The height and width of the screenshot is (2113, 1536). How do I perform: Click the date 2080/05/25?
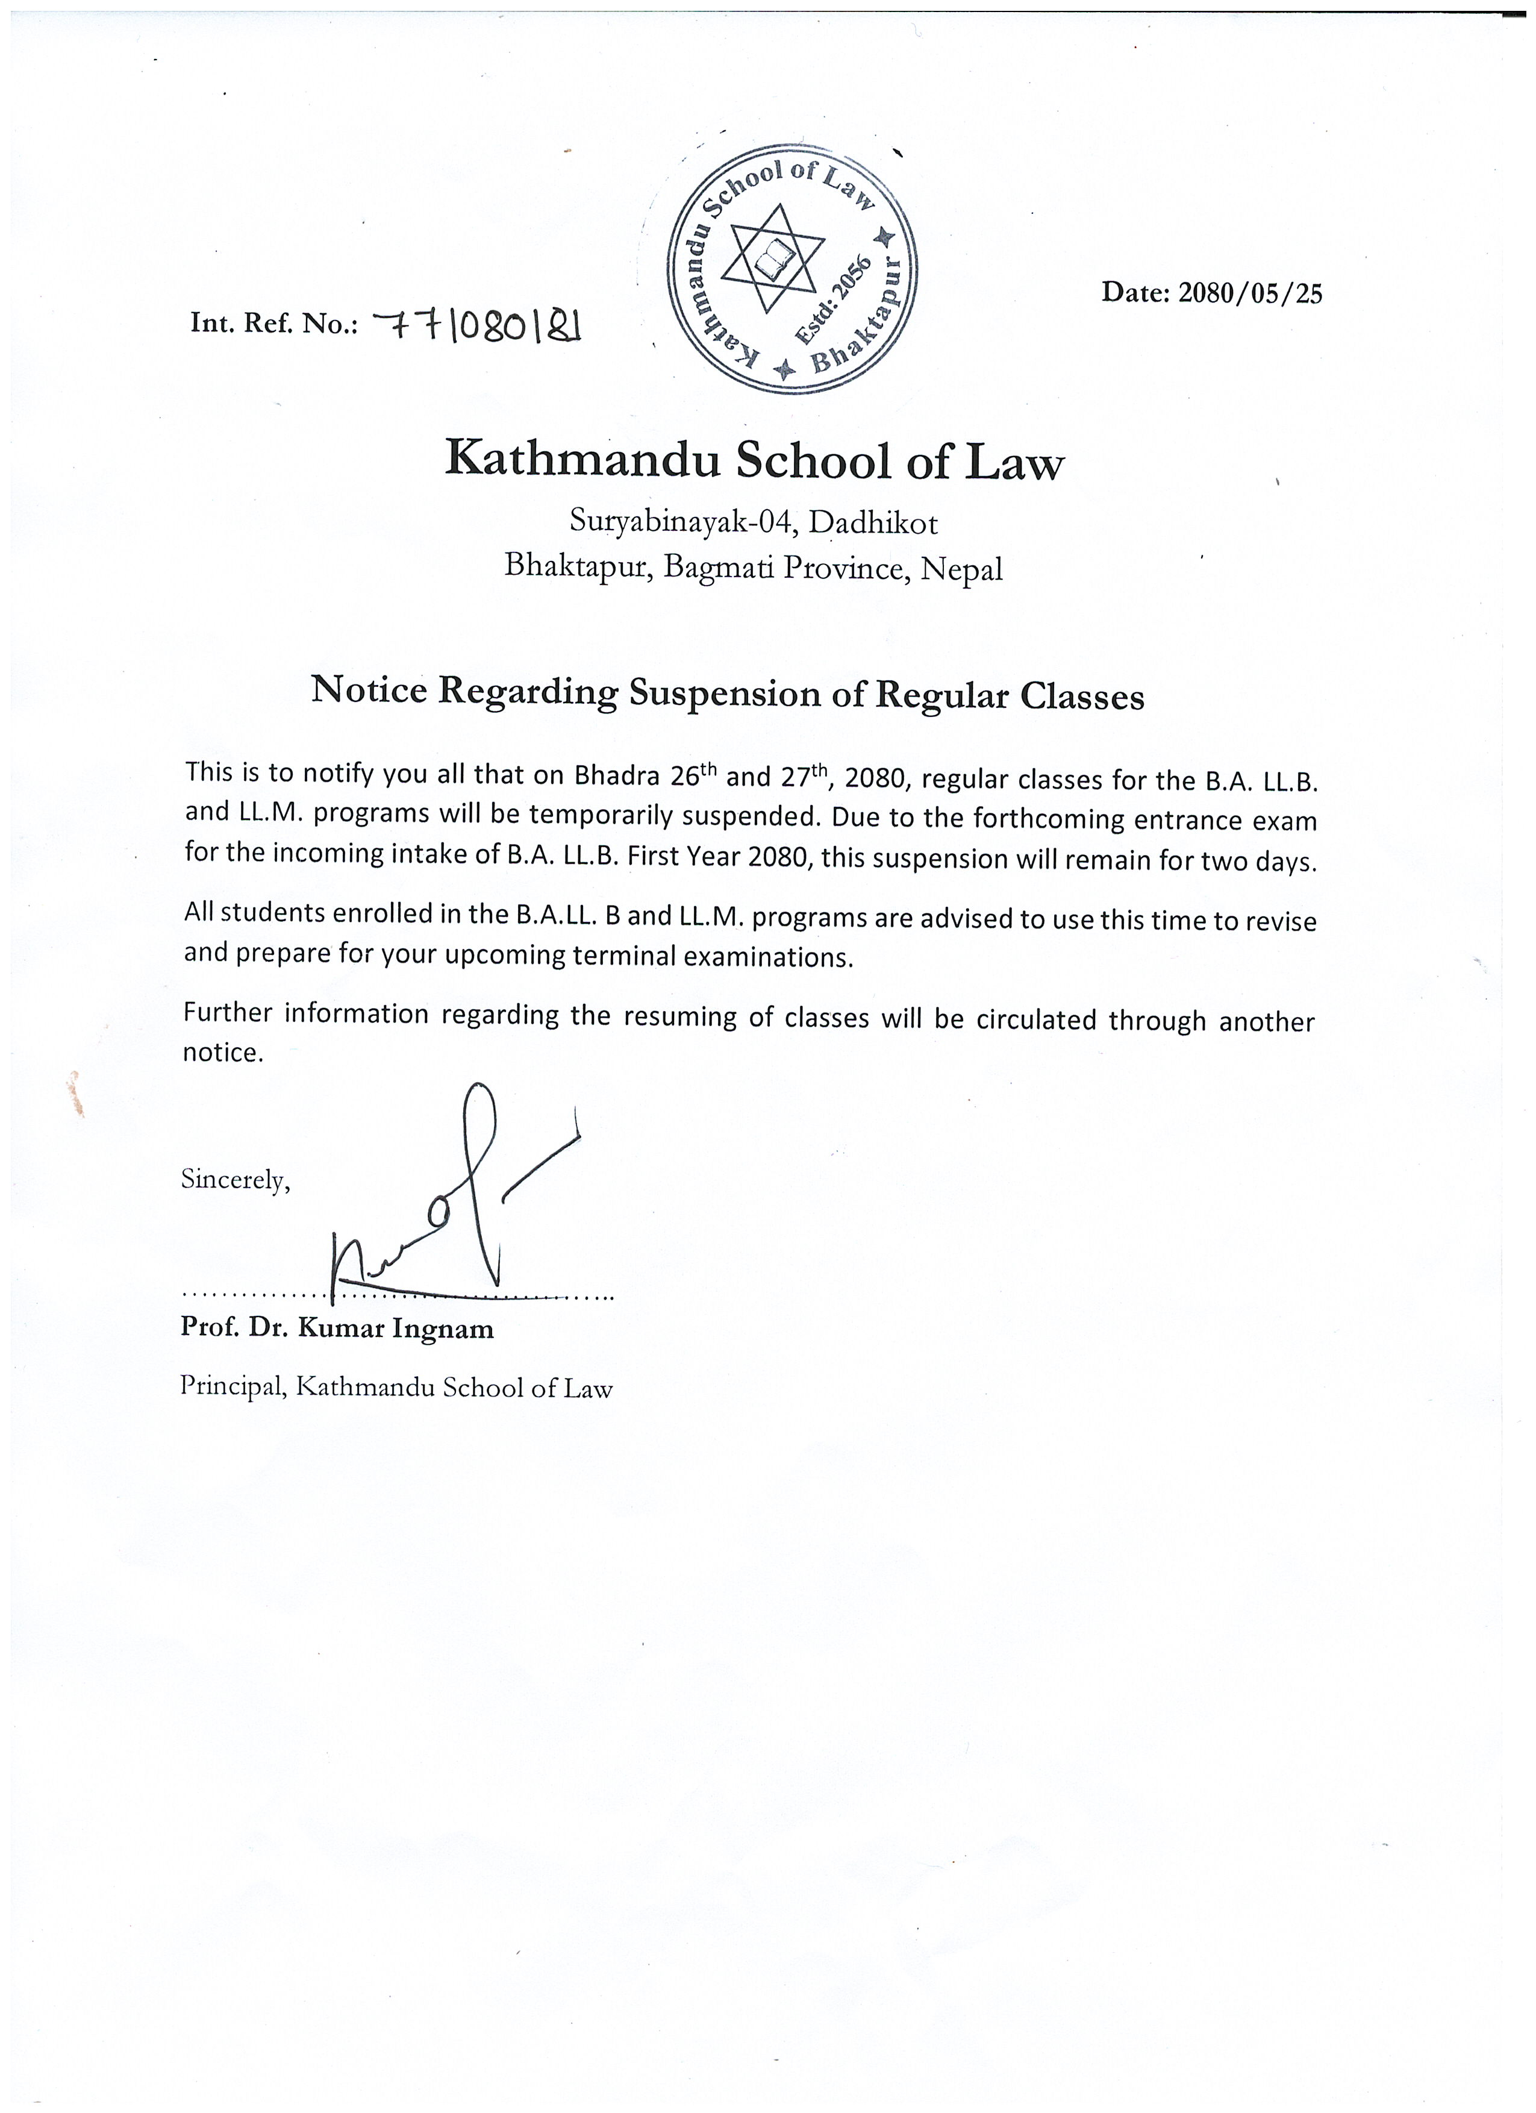(1249, 293)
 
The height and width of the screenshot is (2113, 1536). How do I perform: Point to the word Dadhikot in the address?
(873, 524)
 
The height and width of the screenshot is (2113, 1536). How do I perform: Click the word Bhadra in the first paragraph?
(617, 775)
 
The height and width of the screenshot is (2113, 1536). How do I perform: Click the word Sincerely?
(236, 1180)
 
